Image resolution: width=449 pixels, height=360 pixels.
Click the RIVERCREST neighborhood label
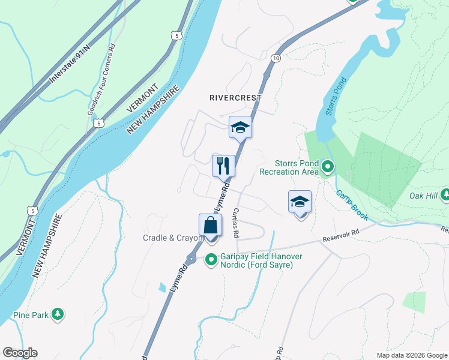pyautogui.click(x=235, y=98)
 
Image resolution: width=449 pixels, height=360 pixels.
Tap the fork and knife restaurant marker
pyautogui.click(x=224, y=165)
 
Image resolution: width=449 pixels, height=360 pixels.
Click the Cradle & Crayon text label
pyautogui.click(x=173, y=238)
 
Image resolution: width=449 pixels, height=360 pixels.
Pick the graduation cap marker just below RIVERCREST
pyautogui.click(x=240, y=127)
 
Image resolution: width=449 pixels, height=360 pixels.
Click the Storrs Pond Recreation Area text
pyautogui.click(x=288, y=167)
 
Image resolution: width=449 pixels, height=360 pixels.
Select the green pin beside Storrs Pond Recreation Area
pyautogui.click(x=327, y=167)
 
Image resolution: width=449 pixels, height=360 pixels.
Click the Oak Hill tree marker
pyautogui.click(x=445, y=194)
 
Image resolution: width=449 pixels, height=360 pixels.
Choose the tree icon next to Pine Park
pyautogui.click(x=57, y=314)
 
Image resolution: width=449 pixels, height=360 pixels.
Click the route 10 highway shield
pyautogui.click(x=275, y=58)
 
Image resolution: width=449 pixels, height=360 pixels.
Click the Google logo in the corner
pyautogui.click(x=20, y=353)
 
